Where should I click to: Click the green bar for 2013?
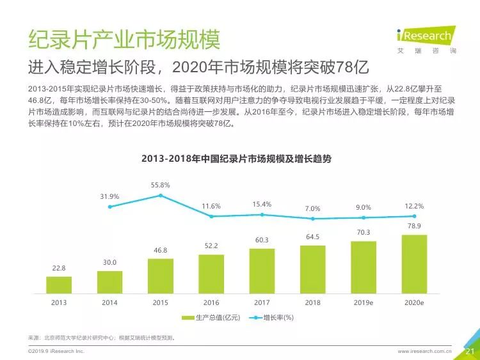(59, 285)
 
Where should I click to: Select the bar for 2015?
(160, 276)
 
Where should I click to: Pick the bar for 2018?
(312, 269)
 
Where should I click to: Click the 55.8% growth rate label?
(160, 185)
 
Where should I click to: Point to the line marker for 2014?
(110, 207)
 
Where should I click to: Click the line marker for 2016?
(211, 216)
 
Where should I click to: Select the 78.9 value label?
(414, 227)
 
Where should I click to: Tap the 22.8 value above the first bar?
(59, 269)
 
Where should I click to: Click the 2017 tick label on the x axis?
(262, 302)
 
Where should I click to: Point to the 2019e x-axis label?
(364, 302)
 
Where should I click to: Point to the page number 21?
(468, 351)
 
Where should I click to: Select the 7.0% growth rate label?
(312, 208)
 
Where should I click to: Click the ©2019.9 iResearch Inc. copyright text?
(56, 352)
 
